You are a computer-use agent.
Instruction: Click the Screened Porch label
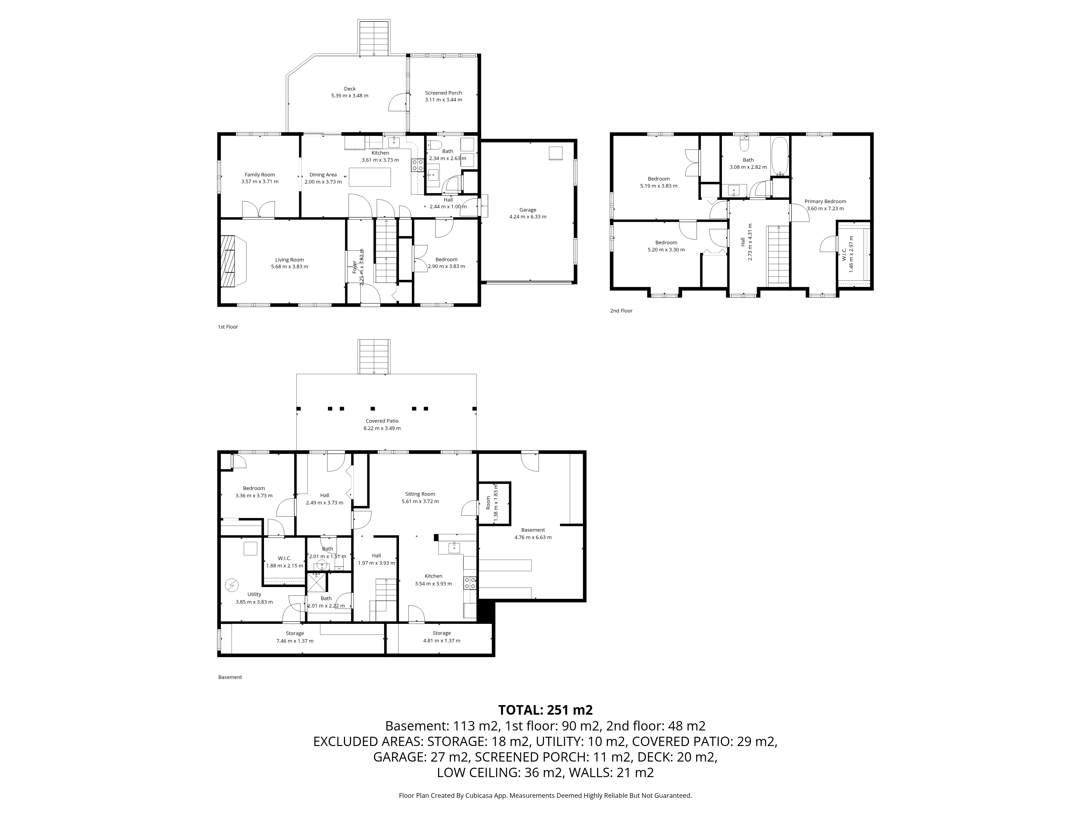443,93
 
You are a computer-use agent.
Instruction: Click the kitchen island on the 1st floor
370,177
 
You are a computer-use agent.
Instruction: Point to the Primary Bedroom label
825,201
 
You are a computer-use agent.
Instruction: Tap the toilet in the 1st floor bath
434,145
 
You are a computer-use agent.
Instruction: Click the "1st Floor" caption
228,327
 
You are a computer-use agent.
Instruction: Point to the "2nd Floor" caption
621,311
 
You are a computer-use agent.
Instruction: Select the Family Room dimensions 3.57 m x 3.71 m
260,181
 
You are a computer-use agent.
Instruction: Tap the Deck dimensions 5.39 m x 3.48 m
350,96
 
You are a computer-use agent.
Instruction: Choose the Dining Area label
323,175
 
